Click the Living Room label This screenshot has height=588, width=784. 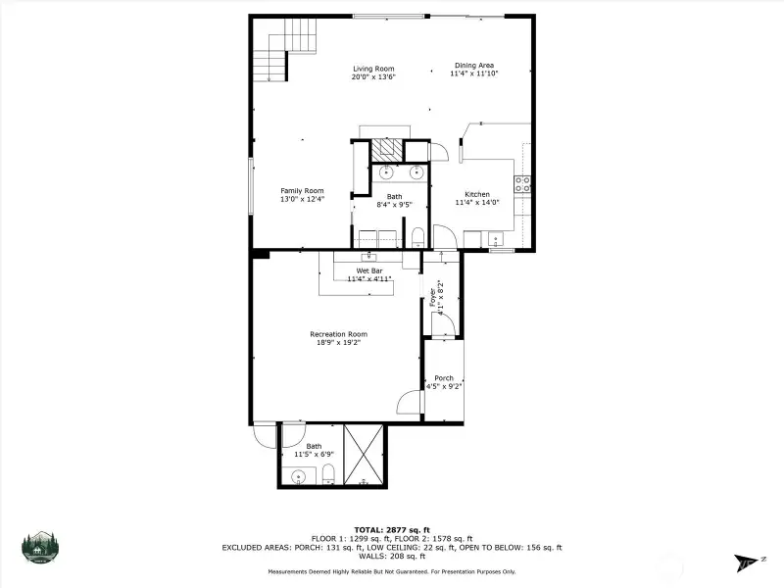(x=373, y=69)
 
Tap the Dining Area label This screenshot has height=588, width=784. (x=474, y=66)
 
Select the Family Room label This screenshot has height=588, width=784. (x=302, y=191)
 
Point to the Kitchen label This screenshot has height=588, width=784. (x=477, y=194)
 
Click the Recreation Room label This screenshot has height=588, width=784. (x=338, y=334)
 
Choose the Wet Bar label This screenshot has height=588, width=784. (x=369, y=271)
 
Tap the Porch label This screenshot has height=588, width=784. (x=444, y=378)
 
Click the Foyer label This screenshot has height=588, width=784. (x=433, y=297)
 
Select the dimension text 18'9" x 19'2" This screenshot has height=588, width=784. (x=338, y=342)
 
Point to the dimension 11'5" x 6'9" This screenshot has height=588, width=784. (x=314, y=455)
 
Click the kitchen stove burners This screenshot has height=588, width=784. (x=522, y=184)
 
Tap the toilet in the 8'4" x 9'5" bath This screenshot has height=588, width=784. (x=417, y=237)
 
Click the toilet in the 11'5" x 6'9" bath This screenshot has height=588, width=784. (x=328, y=474)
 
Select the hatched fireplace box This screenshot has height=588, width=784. (x=386, y=150)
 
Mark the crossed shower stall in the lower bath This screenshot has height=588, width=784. (x=364, y=455)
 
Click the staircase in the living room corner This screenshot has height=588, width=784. (x=285, y=50)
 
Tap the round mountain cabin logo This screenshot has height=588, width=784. (x=40, y=548)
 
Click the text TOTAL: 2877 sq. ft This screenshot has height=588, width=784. (x=392, y=530)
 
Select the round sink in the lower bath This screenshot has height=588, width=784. (x=299, y=476)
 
